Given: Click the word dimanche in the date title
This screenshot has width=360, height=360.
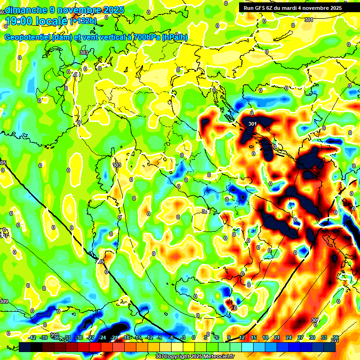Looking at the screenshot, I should coord(25,9).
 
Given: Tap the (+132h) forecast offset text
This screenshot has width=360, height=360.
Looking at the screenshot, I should coord(84,21).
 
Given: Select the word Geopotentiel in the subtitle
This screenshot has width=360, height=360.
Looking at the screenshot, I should coord(28,37).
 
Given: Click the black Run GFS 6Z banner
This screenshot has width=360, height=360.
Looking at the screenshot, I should coord(299,7).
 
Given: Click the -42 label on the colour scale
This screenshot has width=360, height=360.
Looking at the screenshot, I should coord(32,337).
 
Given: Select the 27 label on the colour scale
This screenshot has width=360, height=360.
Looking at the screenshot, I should coord(300,337).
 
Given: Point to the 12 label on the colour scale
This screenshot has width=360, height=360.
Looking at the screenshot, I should coord(242,337).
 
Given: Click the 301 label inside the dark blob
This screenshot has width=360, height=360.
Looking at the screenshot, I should coord(253,124).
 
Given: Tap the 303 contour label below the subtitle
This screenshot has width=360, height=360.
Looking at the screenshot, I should coord(83,52).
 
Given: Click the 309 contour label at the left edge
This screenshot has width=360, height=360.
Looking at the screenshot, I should coord(4,301).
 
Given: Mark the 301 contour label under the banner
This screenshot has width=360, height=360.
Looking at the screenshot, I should coord(308,20).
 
